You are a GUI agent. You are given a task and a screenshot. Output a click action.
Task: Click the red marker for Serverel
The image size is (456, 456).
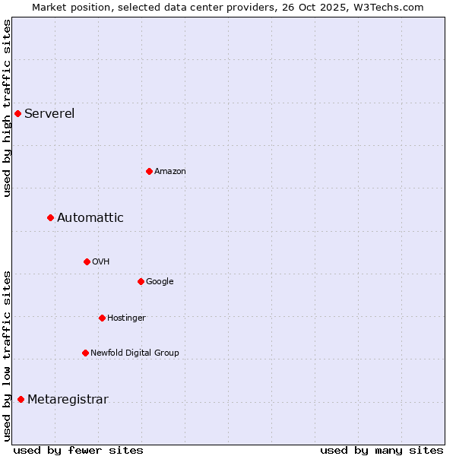pyautogui.click(x=17, y=114)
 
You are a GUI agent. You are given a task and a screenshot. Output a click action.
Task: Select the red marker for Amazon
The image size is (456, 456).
pyautogui.click(x=149, y=171)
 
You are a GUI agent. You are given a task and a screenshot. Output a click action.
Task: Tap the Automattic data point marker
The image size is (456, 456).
pyautogui.click(x=50, y=218)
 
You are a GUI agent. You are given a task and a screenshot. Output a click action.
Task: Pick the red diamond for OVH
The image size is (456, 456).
pyautogui.click(x=87, y=261)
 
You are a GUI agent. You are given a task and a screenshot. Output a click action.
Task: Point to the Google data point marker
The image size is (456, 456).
pyautogui.click(x=141, y=281)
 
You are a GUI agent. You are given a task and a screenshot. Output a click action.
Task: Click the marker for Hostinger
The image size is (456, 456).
pyautogui.click(x=102, y=318)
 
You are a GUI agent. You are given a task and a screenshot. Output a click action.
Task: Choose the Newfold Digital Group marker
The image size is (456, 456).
pyautogui.click(x=85, y=353)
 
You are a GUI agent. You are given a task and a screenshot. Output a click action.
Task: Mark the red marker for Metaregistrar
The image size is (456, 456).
pyautogui.click(x=21, y=400)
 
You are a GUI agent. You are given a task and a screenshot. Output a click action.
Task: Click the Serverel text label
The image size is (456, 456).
pyautogui.click(x=49, y=114)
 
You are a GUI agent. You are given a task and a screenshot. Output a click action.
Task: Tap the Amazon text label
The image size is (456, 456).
pyautogui.click(x=170, y=171)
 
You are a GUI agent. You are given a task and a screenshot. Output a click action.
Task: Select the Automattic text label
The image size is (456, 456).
pyautogui.click(x=90, y=218)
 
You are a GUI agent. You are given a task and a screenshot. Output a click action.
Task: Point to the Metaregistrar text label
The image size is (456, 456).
pyautogui.click(x=68, y=400)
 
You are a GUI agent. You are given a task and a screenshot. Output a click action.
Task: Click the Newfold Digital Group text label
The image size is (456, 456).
pyautogui.click(x=135, y=353)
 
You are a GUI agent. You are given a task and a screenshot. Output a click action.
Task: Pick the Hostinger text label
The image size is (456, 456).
pyautogui.click(x=126, y=318)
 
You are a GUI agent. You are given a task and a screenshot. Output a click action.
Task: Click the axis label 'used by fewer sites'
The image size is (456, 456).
pyautogui.click(x=78, y=450)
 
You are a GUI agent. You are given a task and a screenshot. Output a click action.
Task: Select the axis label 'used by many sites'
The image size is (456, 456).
pyautogui.click(x=382, y=450)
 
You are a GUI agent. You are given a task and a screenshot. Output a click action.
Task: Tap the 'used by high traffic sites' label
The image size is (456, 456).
pyautogui.click(x=7, y=108)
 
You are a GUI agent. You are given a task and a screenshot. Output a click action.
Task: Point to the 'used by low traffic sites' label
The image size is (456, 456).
pyautogui.click(x=7, y=356)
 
